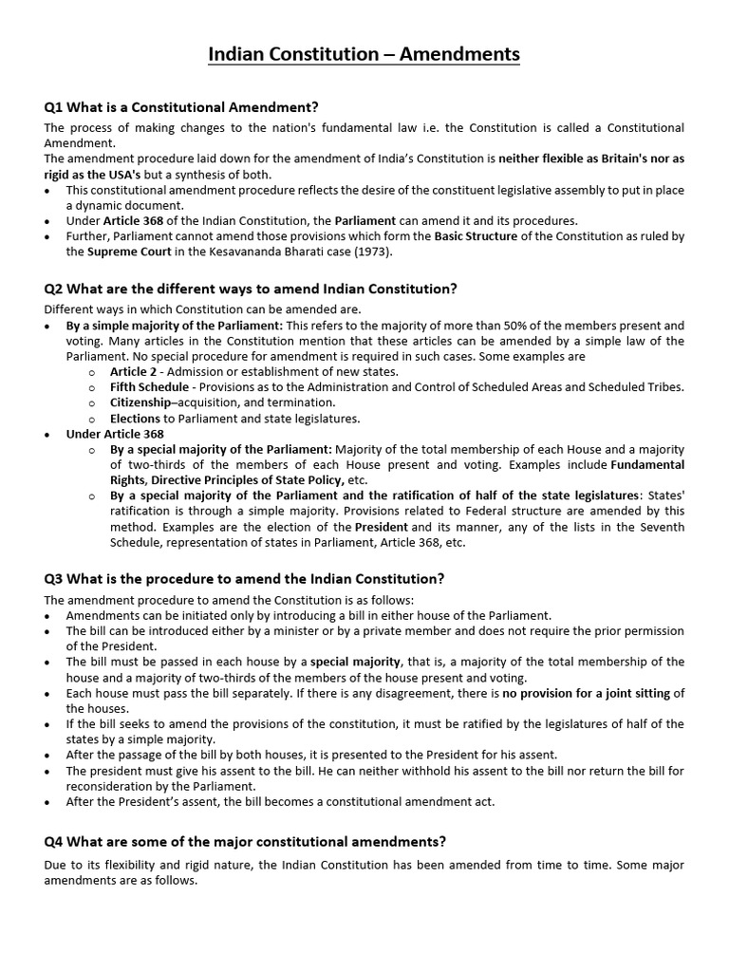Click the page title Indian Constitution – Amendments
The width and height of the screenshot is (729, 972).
coord(364,56)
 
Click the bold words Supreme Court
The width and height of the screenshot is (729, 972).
coord(124,252)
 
